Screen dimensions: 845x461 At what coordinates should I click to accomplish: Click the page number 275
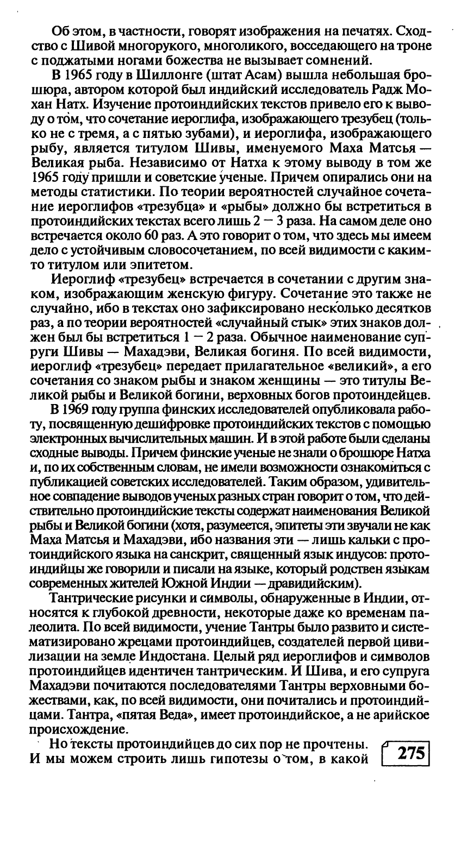tap(410, 754)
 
